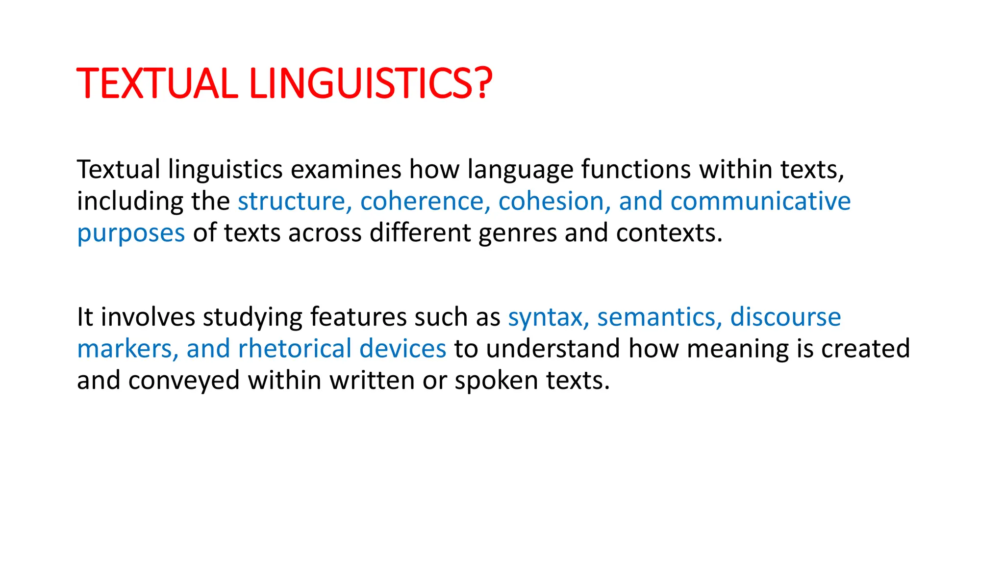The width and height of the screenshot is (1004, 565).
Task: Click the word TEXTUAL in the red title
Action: pos(157,83)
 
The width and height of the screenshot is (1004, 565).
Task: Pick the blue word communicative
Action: pos(760,202)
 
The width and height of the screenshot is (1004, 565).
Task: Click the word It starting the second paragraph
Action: pos(85,317)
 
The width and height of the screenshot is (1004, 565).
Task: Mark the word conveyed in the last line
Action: pos(184,382)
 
